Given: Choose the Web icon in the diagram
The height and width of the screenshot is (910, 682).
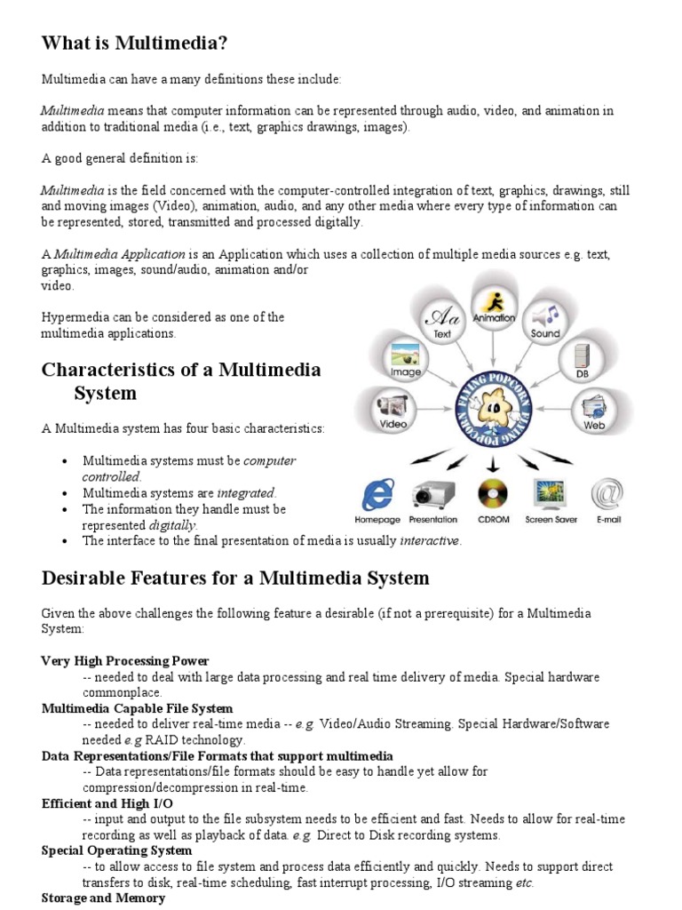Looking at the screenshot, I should [593, 409].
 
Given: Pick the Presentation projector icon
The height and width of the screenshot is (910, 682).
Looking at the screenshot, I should [433, 494].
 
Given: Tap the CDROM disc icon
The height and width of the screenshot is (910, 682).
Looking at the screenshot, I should [493, 494].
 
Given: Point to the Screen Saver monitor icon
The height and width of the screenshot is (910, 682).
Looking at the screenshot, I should [551, 494].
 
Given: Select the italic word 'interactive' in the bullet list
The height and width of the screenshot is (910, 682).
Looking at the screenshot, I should [431, 541].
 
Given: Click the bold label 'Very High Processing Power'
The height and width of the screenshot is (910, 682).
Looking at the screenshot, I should [125, 661].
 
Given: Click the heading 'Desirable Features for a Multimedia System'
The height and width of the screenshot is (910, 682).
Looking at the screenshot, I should [235, 579].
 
